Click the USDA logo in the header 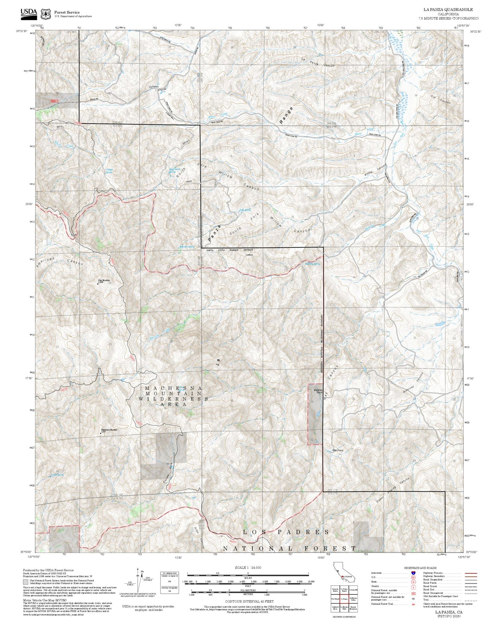coord(29,13)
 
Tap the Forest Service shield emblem coord(45,14)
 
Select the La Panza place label coord(153,86)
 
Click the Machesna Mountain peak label coord(109,430)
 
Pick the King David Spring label coord(174,170)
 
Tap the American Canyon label coord(60,261)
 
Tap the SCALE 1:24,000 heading coord(248,567)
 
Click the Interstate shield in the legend coord(414,573)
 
